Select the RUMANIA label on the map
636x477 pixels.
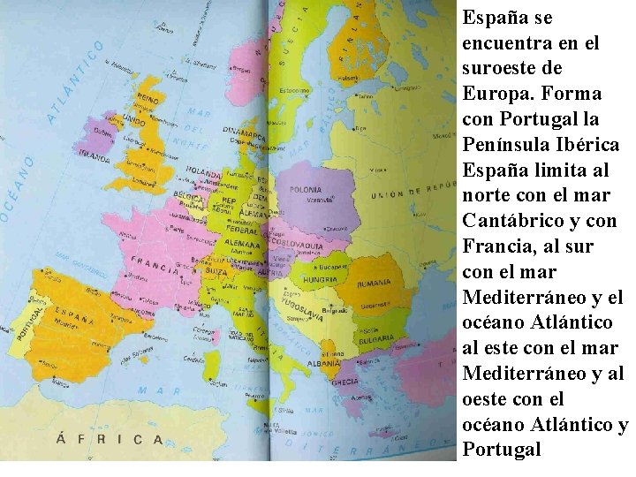point(374,284)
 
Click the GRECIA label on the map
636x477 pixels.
point(344,382)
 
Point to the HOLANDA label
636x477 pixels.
point(204,173)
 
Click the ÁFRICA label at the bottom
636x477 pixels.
point(110,438)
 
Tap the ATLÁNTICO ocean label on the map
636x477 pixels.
point(74,86)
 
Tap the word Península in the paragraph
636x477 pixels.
point(507,143)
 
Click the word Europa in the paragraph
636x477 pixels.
point(493,93)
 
